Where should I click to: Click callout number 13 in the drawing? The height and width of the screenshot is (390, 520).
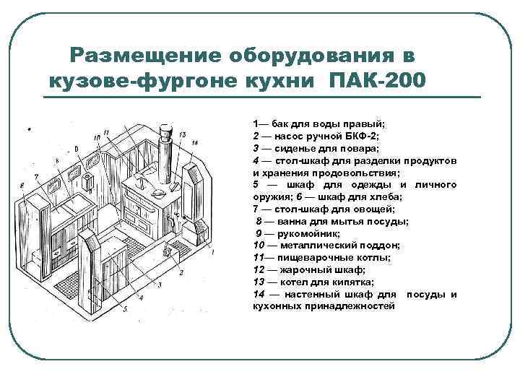pos(182,134)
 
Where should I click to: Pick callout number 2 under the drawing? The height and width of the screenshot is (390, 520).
pos(181,272)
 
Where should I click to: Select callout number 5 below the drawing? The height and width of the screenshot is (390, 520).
pos(125,309)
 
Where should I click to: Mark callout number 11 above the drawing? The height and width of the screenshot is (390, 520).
pos(105,131)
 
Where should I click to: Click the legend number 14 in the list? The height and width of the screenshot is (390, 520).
pos(258,295)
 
